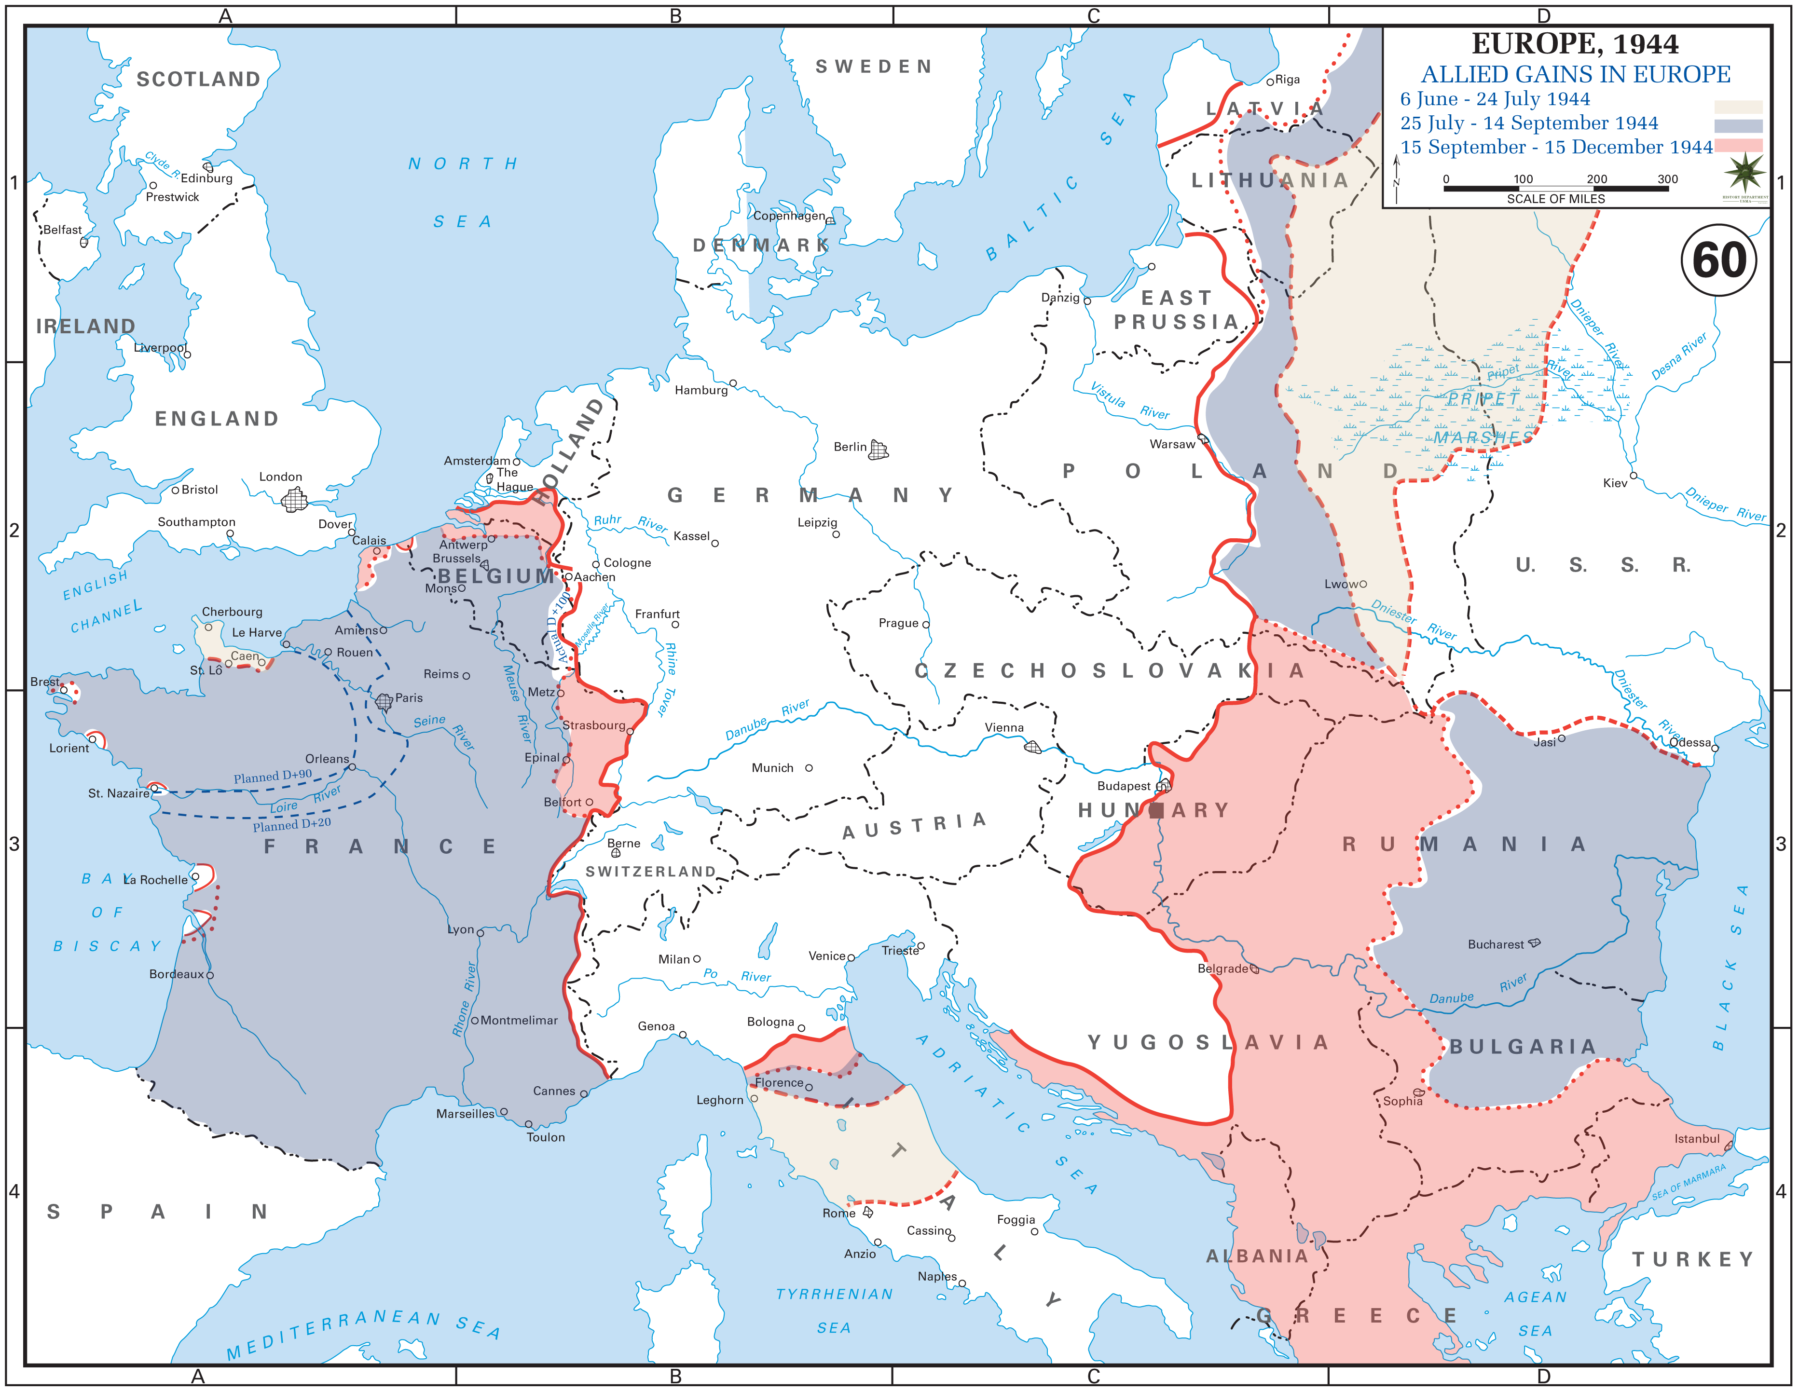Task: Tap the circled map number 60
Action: point(1718,260)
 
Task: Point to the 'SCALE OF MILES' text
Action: point(1555,199)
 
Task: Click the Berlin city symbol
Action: point(879,450)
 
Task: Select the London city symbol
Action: point(294,499)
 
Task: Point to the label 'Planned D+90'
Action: point(273,776)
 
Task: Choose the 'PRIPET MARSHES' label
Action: point(1483,418)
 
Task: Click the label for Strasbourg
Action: point(594,725)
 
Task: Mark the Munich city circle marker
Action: point(809,768)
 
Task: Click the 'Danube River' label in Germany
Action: point(767,720)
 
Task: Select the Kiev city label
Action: point(1615,483)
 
